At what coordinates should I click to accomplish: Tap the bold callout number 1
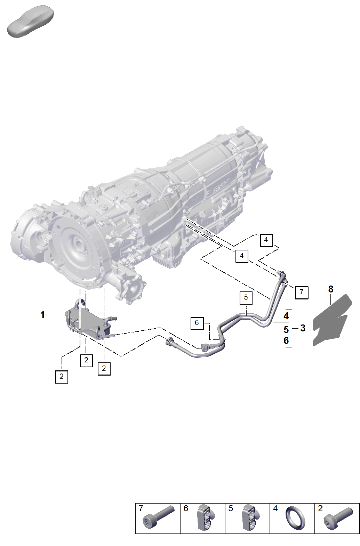[42, 315]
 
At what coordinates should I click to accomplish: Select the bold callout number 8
[330, 289]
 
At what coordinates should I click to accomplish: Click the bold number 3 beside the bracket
[303, 328]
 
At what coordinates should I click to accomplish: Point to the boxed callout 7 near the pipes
[302, 292]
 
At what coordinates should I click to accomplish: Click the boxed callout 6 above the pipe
[197, 323]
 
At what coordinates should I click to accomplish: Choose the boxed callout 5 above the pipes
[246, 298]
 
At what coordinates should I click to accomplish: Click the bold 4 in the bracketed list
[286, 316]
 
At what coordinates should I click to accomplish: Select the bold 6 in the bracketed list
[286, 341]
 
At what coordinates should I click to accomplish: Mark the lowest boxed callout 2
[62, 377]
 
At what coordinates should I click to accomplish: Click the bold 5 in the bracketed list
[286, 330]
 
